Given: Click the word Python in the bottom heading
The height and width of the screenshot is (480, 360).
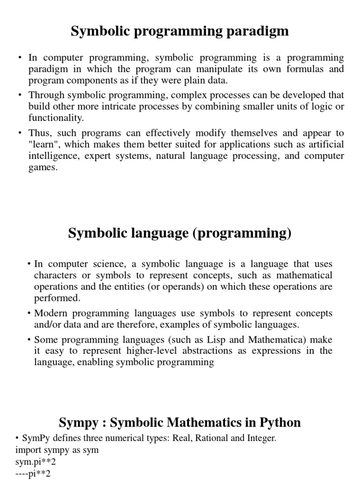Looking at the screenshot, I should (279, 423).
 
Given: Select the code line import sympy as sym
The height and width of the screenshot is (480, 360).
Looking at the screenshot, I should (57, 450).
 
